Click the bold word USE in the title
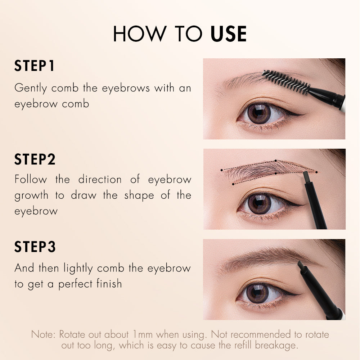point(228,34)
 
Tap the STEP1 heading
point(35,66)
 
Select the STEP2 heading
point(35,159)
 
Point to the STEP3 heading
point(35,247)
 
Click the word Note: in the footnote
point(44,334)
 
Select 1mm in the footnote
point(143,334)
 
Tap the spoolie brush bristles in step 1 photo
point(287,82)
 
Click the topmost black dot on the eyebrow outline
point(276,161)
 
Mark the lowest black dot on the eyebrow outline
point(233,184)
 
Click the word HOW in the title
point(140,34)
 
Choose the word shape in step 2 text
point(139,196)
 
